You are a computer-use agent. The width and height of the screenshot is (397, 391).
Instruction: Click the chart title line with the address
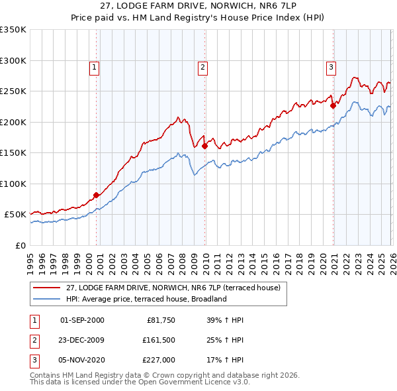[x=198, y=7]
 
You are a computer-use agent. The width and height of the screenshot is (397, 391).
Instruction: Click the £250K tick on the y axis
[x=13, y=91]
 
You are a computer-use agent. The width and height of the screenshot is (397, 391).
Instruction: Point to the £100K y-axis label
[x=13, y=184]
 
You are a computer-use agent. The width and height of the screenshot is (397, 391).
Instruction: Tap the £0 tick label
[x=20, y=245]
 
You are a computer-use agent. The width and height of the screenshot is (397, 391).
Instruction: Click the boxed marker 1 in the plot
[x=94, y=67]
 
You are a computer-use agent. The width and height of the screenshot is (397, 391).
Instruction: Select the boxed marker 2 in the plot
[x=202, y=67]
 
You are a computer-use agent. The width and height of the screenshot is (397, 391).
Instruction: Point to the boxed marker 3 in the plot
[x=330, y=67]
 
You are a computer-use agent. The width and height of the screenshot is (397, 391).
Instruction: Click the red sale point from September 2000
[x=96, y=195]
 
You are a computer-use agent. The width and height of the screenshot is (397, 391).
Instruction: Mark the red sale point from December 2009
[x=204, y=146]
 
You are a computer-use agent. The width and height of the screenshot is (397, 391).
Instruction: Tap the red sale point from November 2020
[x=333, y=105]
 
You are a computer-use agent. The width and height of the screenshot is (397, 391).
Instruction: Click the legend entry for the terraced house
[x=173, y=288]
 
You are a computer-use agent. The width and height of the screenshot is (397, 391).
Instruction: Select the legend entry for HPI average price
[x=146, y=299]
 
